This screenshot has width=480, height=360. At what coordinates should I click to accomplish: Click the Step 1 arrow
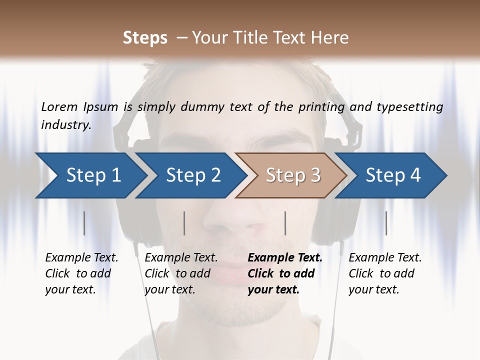(93, 175)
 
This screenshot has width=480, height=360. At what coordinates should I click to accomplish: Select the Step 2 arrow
(193, 175)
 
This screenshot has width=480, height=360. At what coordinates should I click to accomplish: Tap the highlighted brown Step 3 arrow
(293, 175)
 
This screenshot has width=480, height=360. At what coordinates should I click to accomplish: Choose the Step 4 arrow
(393, 175)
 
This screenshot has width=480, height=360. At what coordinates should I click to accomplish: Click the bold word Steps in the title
(145, 38)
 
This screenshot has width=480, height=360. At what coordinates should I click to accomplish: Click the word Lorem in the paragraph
(59, 107)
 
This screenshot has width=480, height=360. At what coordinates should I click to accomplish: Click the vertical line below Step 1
(84, 223)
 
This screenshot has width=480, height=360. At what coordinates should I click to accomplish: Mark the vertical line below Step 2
(184, 223)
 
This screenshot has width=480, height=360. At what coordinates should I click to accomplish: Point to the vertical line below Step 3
(285, 223)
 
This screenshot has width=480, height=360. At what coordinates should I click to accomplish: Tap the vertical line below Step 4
(386, 223)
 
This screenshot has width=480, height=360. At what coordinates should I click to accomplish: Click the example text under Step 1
(81, 273)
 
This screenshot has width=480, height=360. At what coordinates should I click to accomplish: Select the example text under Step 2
(181, 273)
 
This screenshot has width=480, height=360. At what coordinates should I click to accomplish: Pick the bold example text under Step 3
(284, 273)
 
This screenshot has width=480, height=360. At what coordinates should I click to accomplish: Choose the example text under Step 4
(385, 273)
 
